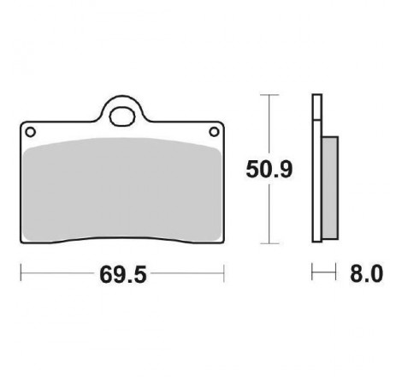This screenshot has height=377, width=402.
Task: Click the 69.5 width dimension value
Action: click(123, 274)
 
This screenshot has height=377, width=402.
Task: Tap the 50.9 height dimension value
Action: click(269, 170)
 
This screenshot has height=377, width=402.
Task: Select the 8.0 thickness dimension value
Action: click(367, 273)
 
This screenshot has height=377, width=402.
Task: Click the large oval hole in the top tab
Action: click(122, 117)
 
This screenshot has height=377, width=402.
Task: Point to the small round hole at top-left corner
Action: click(30, 132)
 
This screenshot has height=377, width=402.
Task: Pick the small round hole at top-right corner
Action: click(214, 132)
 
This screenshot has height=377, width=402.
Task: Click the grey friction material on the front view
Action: click(122, 189)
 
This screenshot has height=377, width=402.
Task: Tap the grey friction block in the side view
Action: click(330, 188)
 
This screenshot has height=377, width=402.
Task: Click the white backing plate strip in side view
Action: click(317, 181)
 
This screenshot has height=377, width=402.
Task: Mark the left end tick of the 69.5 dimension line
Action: click(21, 273)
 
